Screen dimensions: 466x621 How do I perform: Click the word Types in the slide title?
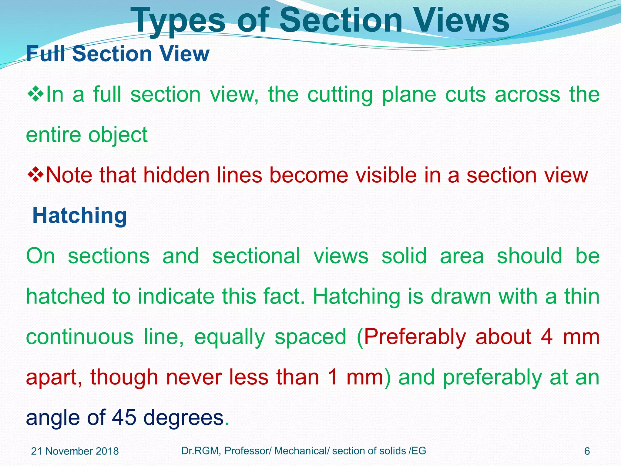(x=179, y=21)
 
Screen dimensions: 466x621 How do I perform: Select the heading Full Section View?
(x=118, y=54)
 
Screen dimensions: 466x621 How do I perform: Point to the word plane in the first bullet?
(x=409, y=95)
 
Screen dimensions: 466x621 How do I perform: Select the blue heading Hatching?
(x=79, y=215)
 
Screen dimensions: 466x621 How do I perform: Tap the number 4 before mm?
(x=546, y=337)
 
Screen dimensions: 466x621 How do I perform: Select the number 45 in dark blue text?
(x=124, y=417)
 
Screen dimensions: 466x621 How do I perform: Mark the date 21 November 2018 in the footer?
(x=75, y=451)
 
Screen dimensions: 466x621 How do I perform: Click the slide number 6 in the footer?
(x=587, y=451)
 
